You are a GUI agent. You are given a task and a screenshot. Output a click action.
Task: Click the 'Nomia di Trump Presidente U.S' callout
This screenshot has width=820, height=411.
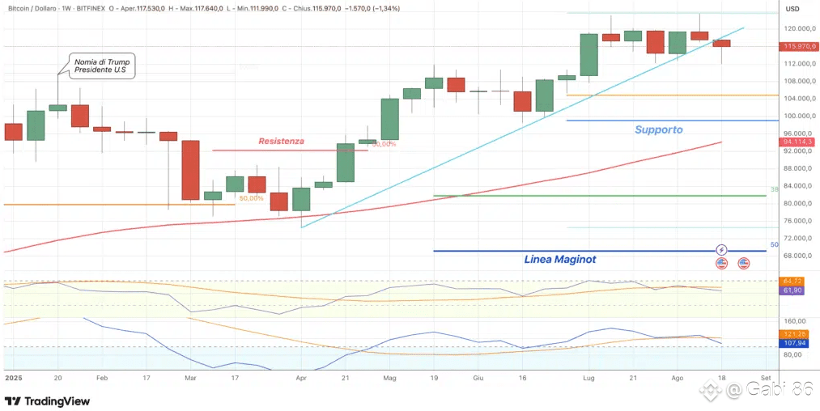click(102, 66)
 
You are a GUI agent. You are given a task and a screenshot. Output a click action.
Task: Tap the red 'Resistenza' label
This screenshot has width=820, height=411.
click(281, 141)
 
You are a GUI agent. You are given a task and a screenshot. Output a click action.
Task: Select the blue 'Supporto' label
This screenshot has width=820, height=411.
click(658, 129)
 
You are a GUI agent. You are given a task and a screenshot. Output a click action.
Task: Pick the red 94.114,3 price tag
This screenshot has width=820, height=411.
click(797, 142)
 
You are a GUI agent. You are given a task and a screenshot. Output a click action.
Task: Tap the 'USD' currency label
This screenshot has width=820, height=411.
click(792, 10)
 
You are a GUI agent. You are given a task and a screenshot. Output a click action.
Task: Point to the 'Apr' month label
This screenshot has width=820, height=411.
click(301, 378)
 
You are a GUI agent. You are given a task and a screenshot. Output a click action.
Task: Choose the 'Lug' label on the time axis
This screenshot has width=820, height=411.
click(588, 378)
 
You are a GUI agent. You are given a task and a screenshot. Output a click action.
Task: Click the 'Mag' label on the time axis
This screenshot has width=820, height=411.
click(389, 378)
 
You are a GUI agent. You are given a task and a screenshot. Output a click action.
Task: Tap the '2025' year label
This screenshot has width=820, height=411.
click(14, 378)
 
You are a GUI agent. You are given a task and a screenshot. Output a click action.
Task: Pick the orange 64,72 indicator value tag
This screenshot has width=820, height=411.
click(792, 281)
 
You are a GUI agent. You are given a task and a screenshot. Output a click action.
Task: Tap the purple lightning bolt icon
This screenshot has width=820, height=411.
click(722, 250)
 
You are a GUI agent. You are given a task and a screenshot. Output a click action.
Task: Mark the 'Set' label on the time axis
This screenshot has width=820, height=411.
click(764, 378)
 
